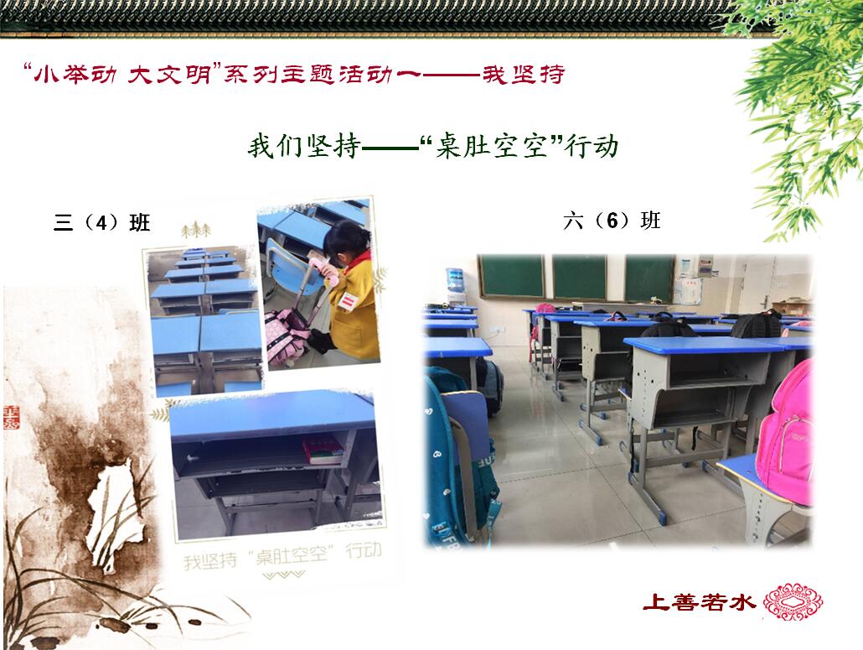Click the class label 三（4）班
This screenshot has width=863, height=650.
pos(102,222)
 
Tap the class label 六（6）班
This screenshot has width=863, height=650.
pos(612,221)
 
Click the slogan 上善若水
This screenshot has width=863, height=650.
pos(699,601)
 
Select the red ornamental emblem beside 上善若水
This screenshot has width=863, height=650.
pos(793,601)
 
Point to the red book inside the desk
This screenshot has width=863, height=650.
pos(323,450)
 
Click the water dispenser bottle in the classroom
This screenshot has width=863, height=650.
pos(455,280)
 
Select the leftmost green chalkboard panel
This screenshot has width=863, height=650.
pos(512,277)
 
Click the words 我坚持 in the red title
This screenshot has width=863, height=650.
pos(523,75)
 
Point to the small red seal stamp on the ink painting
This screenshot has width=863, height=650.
pos(12,417)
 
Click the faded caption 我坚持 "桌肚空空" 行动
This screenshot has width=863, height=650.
pos(282,554)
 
